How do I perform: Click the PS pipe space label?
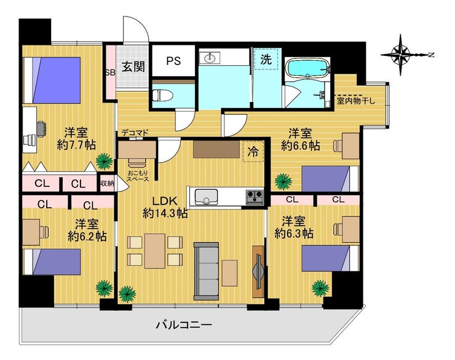173,61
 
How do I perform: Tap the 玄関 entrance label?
133,67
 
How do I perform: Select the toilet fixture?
163,95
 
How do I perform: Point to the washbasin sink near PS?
210,58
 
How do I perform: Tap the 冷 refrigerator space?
253,151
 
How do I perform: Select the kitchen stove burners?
255,197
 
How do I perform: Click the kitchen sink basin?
207,197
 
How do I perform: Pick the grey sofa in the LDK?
207,271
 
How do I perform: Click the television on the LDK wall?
258,272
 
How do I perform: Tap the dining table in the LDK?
155,251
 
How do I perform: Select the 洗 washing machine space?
266,59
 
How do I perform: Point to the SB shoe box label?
110,72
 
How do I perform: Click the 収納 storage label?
107,183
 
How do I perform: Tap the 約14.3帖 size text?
165,214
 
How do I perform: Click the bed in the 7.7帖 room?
52,80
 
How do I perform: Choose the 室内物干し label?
356,101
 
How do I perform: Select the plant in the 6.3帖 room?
320,288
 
